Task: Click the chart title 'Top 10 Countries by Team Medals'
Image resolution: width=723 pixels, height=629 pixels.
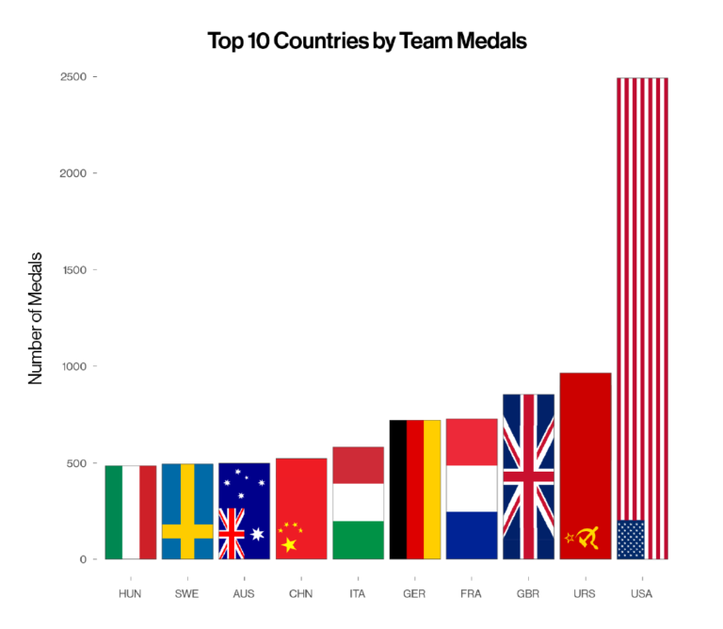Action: click(x=367, y=40)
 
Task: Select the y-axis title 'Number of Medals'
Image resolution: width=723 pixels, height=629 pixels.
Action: click(x=37, y=317)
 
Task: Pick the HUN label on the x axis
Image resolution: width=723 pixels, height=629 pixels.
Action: click(x=130, y=594)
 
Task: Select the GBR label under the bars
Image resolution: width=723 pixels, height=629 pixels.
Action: click(x=528, y=594)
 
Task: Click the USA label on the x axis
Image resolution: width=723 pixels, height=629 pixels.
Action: click(x=642, y=594)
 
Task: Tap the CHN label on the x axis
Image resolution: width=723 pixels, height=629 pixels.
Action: click(x=301, y=594)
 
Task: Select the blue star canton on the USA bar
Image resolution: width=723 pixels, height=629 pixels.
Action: click(x=631, y=540)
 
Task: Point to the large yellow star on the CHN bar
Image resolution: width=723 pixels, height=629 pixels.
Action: click(x=289, y=544)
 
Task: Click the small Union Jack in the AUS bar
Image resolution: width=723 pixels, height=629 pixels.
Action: click(x=232, y=533)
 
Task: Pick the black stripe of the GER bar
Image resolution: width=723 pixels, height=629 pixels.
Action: click(x=398, y=490)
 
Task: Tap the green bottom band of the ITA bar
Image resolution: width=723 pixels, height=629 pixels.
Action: click(x=358, y=540)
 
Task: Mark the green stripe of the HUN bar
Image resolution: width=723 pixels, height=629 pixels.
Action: click(x=114, y=512)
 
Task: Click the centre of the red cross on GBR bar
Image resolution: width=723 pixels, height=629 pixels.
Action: click(x=528, y=476)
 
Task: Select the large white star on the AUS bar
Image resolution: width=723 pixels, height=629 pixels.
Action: click(x=258, y=535)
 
